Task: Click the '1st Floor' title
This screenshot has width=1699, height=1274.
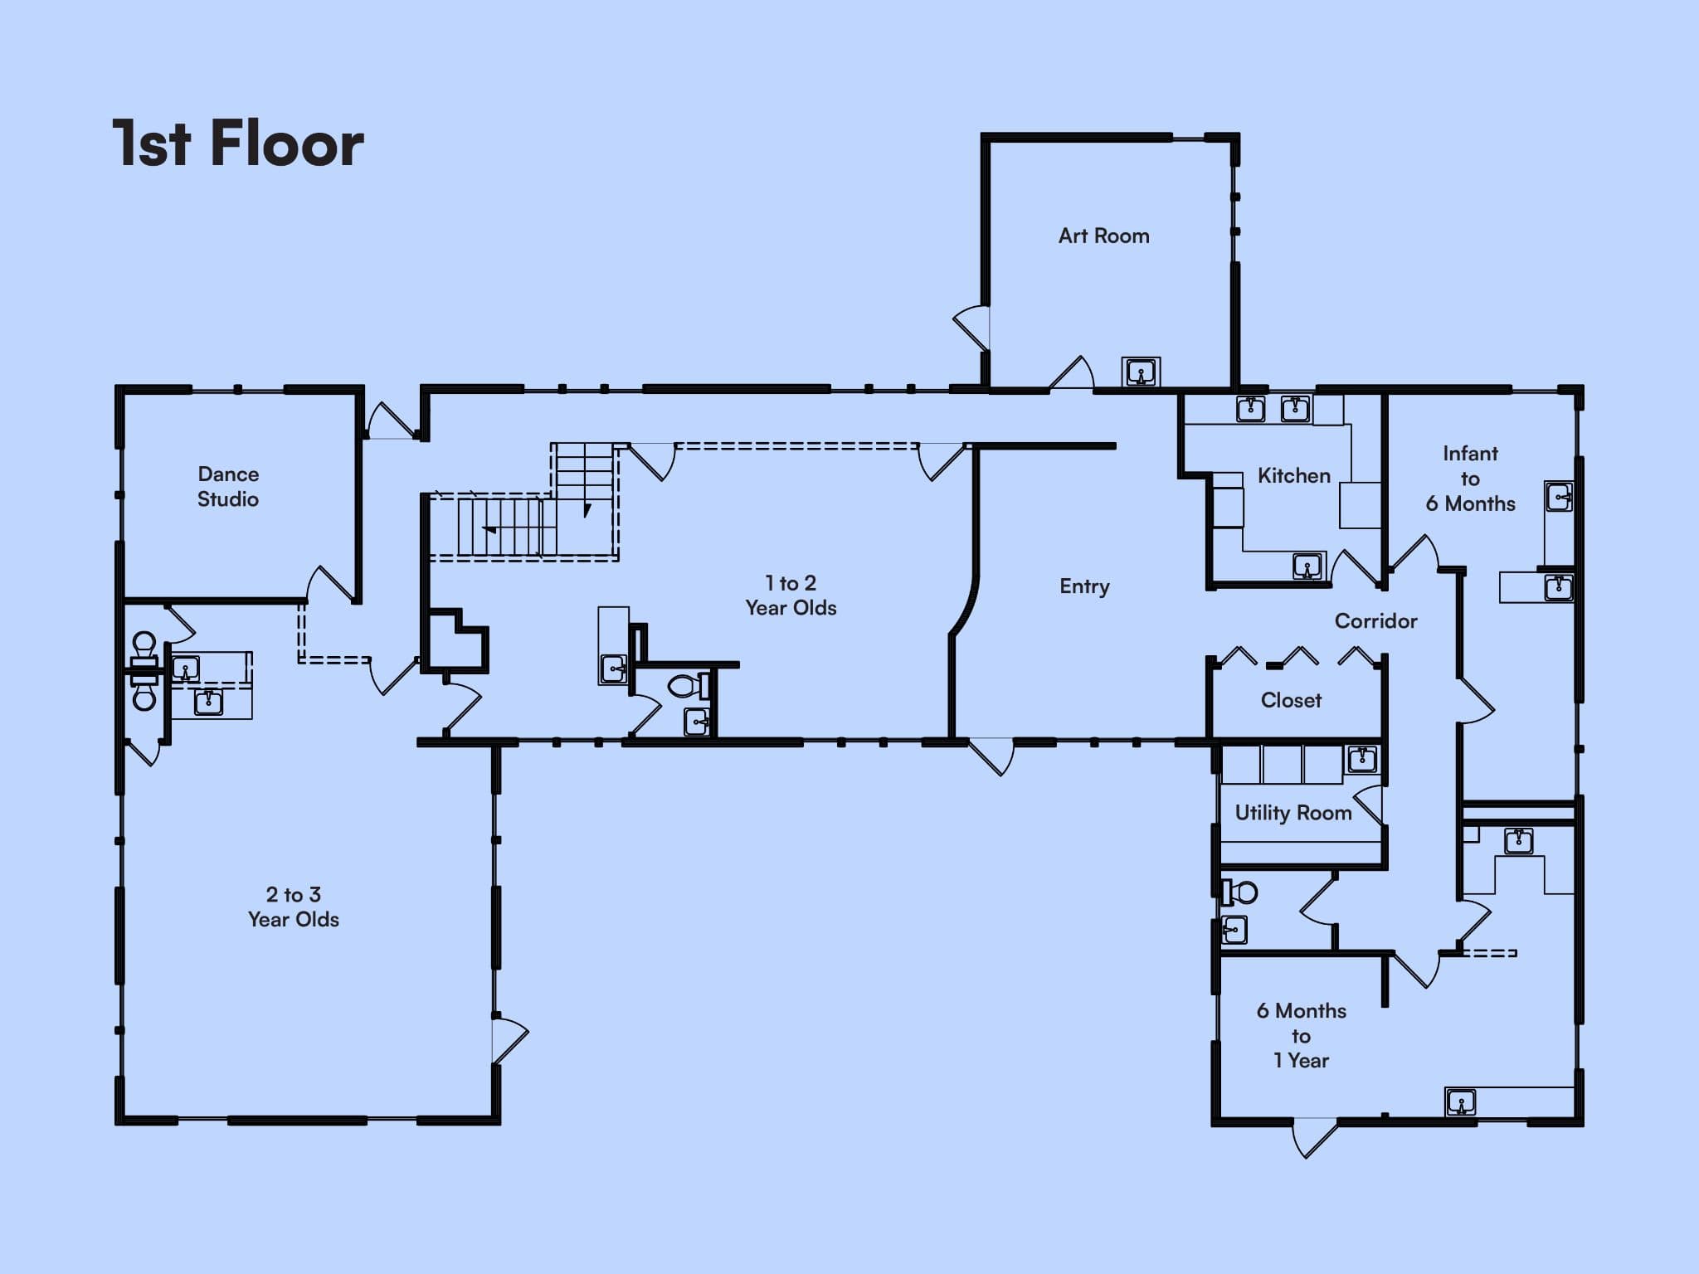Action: point(238,143)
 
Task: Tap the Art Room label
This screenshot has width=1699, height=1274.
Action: point(1103,236)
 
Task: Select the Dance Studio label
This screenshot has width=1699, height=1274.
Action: point(228,486)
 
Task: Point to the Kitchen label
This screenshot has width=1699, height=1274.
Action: point(1293,475)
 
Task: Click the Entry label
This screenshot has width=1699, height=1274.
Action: point(1084,586)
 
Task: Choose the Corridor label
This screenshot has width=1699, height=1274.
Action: point(1375,620)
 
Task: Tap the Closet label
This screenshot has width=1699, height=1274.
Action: point(1291,700)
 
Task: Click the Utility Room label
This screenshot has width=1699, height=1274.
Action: point(1293,813)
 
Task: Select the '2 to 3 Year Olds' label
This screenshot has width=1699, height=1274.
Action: point(294,907)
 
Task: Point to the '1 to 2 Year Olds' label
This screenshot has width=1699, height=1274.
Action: point(791,596)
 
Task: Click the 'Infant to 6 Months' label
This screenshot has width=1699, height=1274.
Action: point(1470,479)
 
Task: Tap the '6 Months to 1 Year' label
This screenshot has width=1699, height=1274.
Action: point(1301,1035)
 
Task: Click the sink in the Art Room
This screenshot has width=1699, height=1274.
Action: point(1141,372)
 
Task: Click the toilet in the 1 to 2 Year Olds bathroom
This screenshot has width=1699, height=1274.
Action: point(689,686)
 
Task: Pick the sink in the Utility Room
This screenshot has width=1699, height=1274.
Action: point(1361,759)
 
